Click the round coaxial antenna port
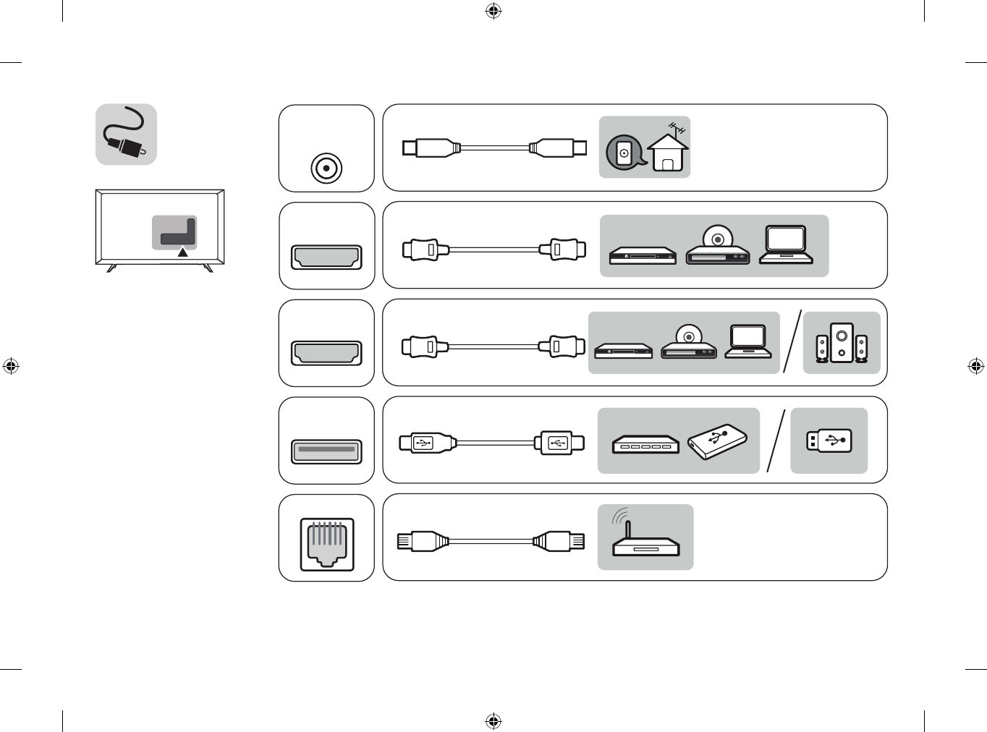[326, 169]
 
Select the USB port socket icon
[326, 451]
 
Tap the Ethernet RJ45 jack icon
[326, 544]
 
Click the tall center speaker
[842, 343]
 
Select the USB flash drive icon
[829, 441]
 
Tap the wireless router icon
[644, 539]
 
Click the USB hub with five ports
[645, 444]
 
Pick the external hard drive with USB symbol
[717, 441]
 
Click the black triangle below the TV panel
[183, 252]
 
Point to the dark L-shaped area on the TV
[178, 234]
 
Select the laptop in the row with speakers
[747, 341]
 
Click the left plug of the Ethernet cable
[421, 541]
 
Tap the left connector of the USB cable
[425, 442]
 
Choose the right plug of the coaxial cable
[559, 148]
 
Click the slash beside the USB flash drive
[776, 441]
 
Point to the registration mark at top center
[493, 11]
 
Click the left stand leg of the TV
[111, 268]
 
